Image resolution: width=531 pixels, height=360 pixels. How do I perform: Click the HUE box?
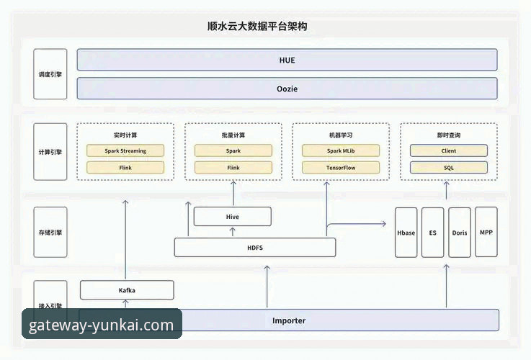coord(287,60)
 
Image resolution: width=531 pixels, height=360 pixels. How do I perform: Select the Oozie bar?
coord(287,89)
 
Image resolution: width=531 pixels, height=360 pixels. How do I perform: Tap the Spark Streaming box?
coord(125,151)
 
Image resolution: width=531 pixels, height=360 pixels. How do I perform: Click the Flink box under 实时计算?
coord(125,168)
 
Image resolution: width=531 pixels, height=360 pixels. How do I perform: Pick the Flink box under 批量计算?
coord(233,168)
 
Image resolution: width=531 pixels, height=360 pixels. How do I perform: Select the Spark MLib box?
coord(340,151)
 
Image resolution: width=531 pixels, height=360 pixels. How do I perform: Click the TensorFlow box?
coord(340,168)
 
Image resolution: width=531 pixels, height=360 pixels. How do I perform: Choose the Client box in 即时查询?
coord(448,151)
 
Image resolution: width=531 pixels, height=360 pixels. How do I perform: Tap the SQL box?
coord(448,168)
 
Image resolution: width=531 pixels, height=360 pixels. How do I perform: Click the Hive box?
coord(233,217)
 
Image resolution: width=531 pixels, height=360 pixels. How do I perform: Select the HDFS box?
coord(255,248)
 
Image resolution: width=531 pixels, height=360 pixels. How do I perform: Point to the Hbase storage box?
coord(406,233)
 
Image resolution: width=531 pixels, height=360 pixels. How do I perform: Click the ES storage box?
coord(432,233)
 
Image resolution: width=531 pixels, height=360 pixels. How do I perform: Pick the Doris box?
coord(459,233)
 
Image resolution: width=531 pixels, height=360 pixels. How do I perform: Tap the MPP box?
coord(486,233)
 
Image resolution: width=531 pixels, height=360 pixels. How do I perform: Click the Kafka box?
coord(127,290)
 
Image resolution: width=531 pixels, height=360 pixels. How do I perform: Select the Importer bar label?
coord(288,320)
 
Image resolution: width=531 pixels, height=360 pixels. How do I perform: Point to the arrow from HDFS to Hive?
coord(233,232)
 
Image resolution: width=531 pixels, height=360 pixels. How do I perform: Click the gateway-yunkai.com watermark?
coord(102,325)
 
